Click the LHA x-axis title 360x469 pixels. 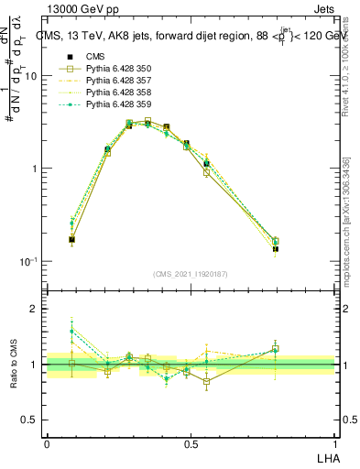pos(327,456)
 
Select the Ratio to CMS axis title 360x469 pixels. pos(14,364)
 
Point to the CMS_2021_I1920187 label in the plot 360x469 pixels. pos(191,274)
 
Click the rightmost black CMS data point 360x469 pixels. pos(276,248)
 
